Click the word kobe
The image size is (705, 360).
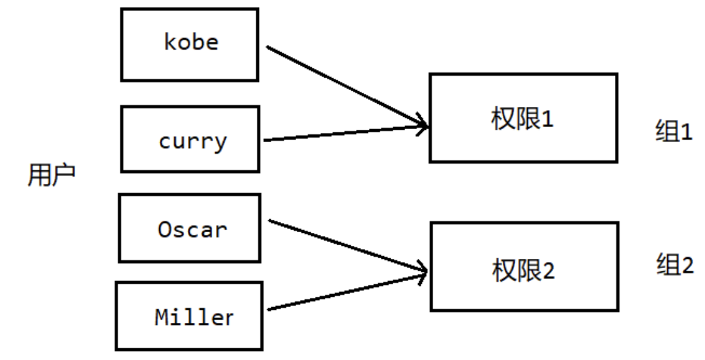(x=191, y=42)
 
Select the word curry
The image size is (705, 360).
(x=192, y=141)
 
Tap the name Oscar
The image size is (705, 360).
(x=192, y=230)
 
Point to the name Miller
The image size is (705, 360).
(x=194, y=318)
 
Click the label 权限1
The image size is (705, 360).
(x=522, y=119)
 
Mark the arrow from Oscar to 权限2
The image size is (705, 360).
(x=346, y=245)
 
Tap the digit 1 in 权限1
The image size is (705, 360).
(x=547, y=119)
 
